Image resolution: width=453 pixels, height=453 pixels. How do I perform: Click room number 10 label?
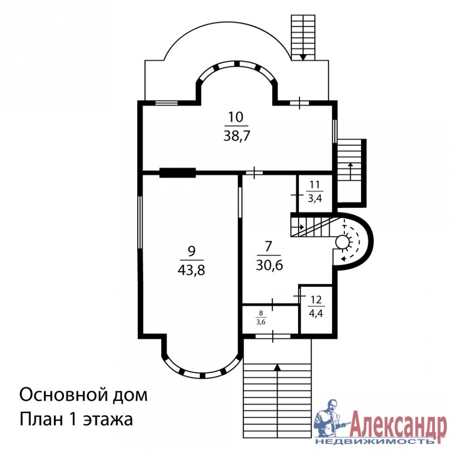236,117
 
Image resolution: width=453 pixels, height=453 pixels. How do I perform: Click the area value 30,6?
269,265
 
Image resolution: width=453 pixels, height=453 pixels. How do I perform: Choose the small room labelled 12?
316,308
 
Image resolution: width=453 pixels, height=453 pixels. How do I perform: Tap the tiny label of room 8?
261,317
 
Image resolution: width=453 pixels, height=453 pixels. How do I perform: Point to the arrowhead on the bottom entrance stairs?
277,367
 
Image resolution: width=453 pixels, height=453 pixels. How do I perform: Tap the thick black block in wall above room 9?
177,173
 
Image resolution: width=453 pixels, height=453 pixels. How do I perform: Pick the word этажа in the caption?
107,420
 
